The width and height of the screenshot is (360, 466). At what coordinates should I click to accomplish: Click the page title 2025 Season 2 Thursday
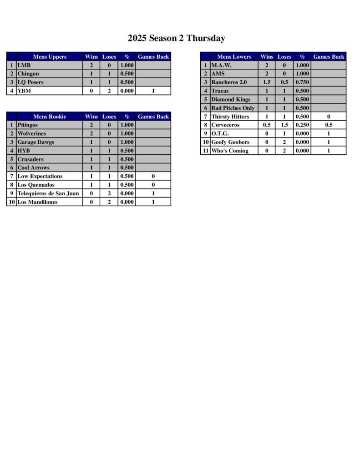176,38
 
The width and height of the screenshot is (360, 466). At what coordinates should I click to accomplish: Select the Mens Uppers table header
50,57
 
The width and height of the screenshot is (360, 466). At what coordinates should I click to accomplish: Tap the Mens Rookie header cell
50,116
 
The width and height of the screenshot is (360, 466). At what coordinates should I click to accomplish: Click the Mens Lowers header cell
234,57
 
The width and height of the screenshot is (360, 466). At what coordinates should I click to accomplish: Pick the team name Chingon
28,74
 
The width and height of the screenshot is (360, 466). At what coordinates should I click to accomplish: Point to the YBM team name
24,91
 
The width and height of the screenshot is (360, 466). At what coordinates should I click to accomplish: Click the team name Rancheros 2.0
228,82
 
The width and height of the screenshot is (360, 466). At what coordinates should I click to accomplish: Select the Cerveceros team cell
225,125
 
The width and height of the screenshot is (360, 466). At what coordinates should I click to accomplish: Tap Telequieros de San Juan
48,193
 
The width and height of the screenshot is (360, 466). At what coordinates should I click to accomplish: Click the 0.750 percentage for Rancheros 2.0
302,82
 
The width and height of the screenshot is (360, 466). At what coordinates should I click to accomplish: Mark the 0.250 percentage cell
302,125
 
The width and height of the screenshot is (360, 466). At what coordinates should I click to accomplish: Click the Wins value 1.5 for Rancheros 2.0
267,82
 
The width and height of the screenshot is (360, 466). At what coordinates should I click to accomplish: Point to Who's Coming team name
230,151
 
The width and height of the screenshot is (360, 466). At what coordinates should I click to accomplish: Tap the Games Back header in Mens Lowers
329,57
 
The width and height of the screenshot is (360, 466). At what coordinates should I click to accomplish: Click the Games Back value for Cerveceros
329,125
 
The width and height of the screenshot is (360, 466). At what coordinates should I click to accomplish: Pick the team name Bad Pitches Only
233,108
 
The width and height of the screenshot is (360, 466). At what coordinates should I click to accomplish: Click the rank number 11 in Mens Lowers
205,151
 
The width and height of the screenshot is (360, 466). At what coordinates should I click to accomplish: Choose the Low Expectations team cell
40,177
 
